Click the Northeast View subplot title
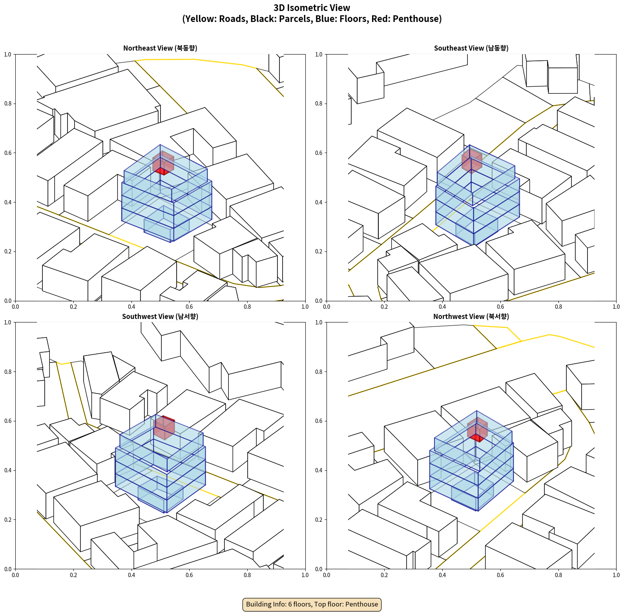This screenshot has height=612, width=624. point(160,48)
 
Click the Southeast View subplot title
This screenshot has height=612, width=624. point(471,48)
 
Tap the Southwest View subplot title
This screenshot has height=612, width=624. point(160,317)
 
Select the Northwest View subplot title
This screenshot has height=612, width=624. point(471,317)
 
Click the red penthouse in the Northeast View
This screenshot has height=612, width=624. point(163,164)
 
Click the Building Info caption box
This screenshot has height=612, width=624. point(312,604)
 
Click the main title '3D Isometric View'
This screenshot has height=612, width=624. point(312,8)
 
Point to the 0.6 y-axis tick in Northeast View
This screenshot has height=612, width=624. point(8,153)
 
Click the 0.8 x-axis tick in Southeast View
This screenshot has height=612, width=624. point(558,307)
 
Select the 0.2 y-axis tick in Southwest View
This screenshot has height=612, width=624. point(8,520)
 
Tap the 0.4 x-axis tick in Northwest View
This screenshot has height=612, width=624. point(442,575)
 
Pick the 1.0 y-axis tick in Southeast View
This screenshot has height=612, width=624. point(319,55)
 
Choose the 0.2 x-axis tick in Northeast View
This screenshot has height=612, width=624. point(73,307)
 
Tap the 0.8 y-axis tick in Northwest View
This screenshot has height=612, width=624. point(319,372)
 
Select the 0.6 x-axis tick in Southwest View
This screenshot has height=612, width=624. point(189,575)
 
